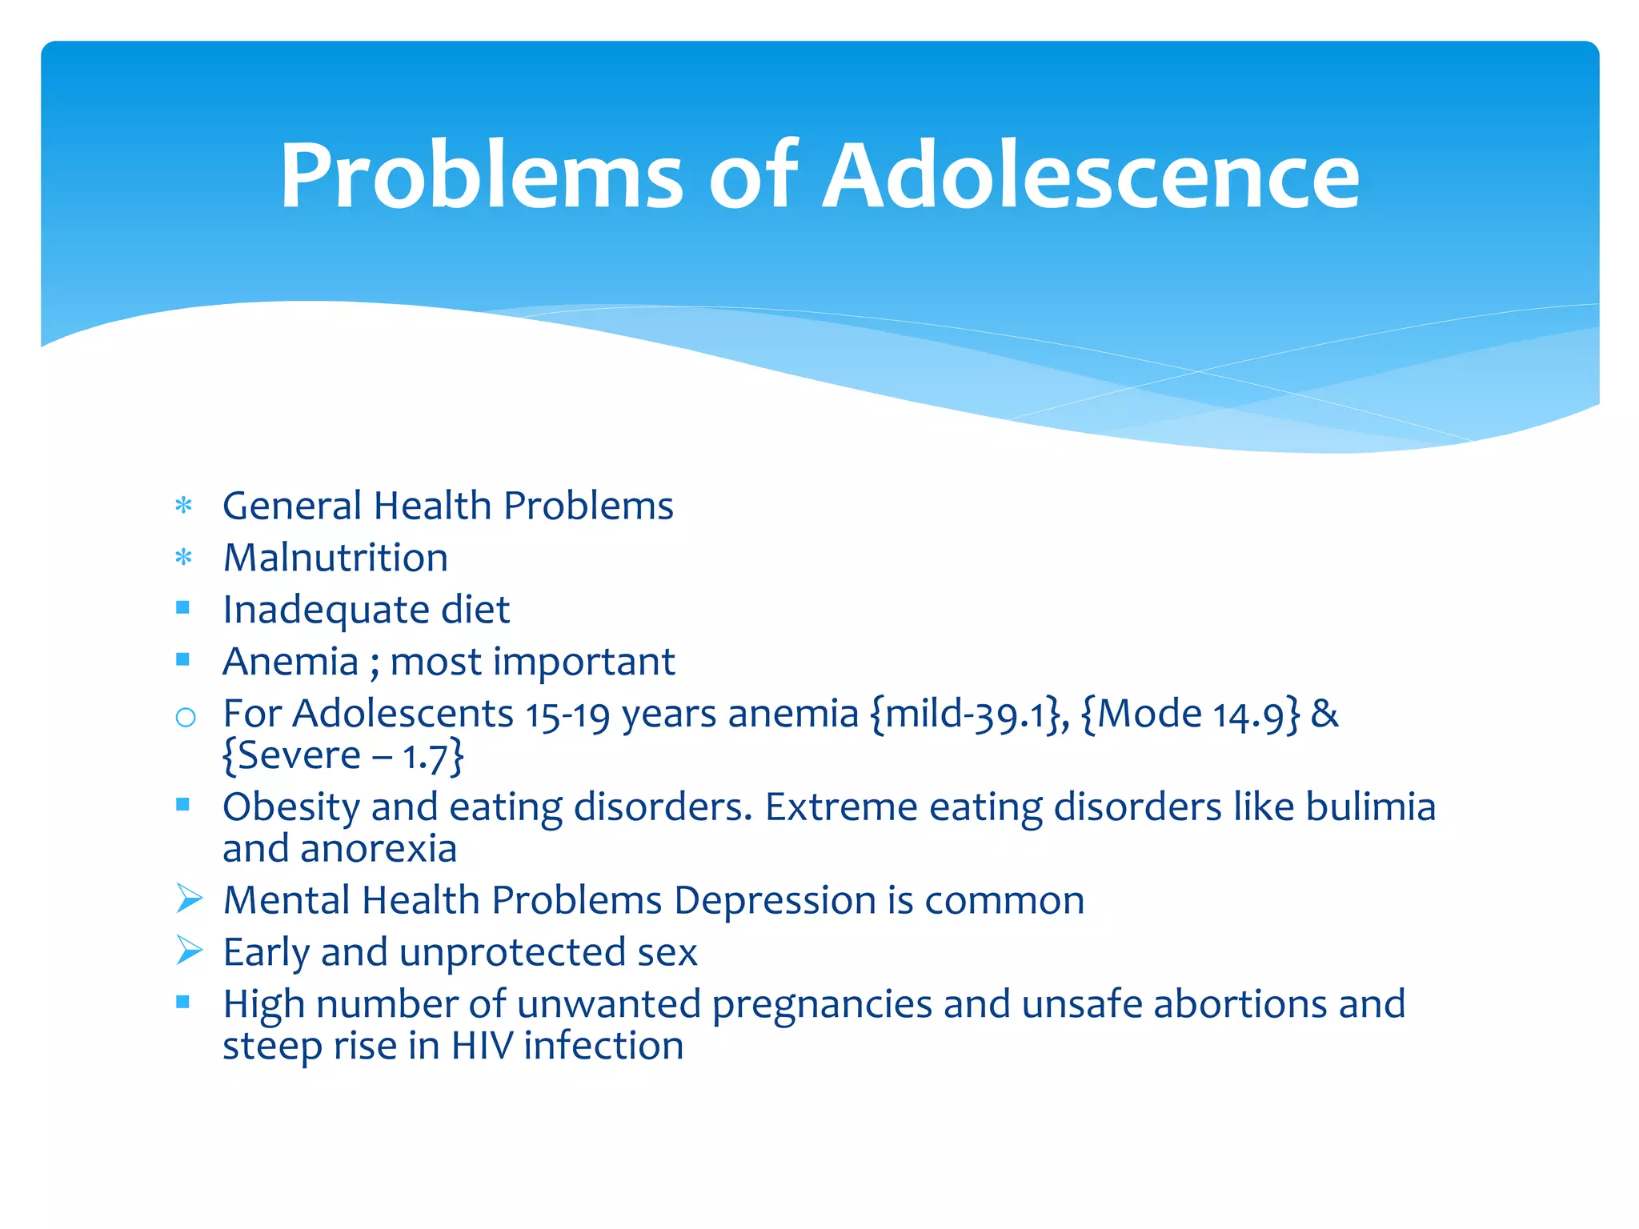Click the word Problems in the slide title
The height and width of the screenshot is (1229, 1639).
tap(481, 176)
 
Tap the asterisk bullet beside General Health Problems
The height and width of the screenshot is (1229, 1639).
tap(184, 506)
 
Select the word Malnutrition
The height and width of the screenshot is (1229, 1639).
tap(335, 558)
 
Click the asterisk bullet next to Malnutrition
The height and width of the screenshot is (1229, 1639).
tap(184, 558)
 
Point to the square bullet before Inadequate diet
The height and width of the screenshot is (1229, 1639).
tap(183, 608)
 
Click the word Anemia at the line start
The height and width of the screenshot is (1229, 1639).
tap(291, 662)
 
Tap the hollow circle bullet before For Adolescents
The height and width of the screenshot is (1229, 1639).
tap(185, 717)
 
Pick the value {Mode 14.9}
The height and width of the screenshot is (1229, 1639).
tap(1190, 714)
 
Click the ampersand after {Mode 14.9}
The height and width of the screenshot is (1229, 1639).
tap(1324, 714)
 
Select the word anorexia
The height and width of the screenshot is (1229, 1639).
tap(378, 849)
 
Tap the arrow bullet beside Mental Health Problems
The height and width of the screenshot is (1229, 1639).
tap(189, 899)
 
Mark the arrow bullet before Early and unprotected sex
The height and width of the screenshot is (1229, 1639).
tap(189, 951)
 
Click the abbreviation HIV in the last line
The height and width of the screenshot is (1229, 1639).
tap(482, 1046)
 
